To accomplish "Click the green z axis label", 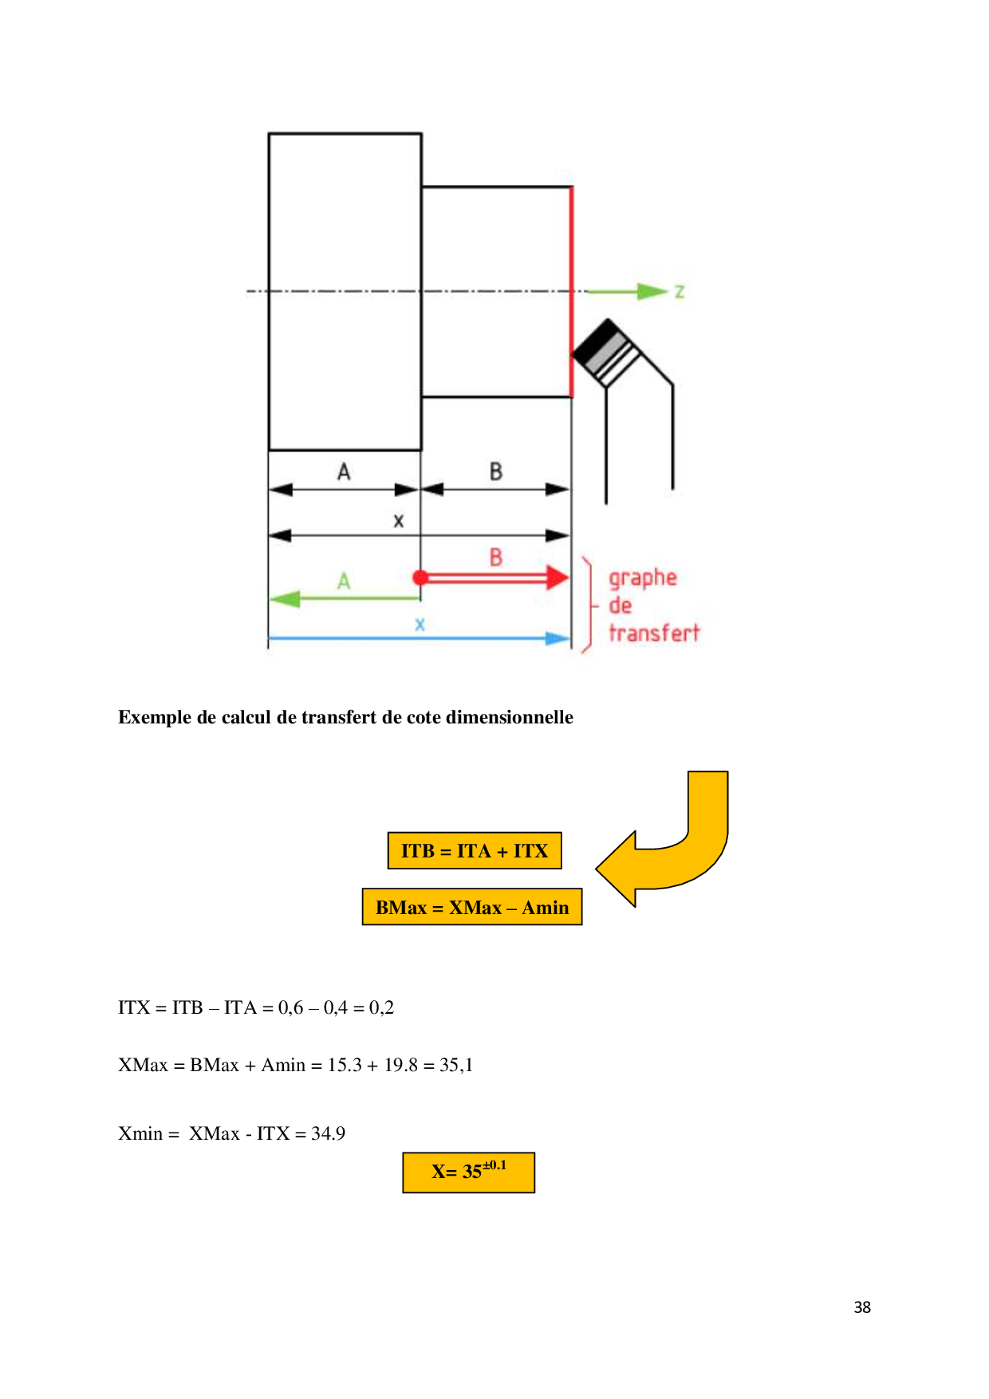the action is (679, 292).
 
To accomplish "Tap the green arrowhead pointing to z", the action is (652, 291).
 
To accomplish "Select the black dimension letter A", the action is (344, 471).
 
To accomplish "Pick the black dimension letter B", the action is (495, 471).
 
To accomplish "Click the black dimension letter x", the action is (399, 521).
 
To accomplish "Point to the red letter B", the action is (495, 557).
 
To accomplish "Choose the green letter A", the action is (344, 581).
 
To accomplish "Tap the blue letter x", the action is (420, 625).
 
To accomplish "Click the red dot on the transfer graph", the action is (420, 577).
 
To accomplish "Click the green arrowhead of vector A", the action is (284, 598).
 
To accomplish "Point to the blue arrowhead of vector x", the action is (558, 638).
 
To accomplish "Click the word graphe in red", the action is (643, 579).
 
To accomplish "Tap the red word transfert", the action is (654, 633).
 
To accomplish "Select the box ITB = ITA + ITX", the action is (475, 850).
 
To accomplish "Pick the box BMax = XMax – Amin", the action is (472, 907).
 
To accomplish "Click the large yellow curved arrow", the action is (662, 838).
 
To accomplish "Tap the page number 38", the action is (862, 1306).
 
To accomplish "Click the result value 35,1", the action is (456, 1065).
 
